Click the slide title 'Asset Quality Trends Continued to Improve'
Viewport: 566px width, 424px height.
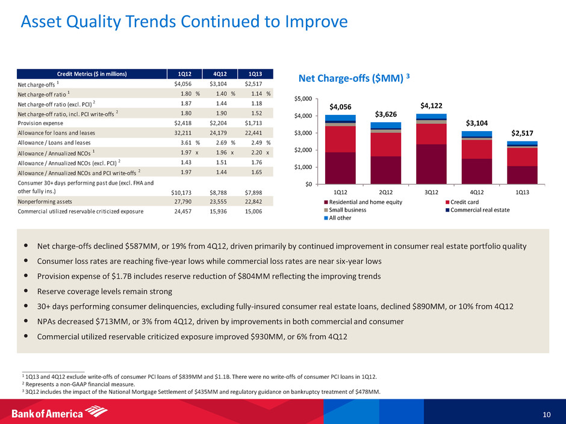(x=184, y=22)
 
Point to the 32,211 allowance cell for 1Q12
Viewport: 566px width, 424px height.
(x=178, y=133)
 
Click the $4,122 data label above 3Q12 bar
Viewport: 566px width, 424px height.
(x=431, y=105)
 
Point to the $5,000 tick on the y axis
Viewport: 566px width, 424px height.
(x=303, y=99)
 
